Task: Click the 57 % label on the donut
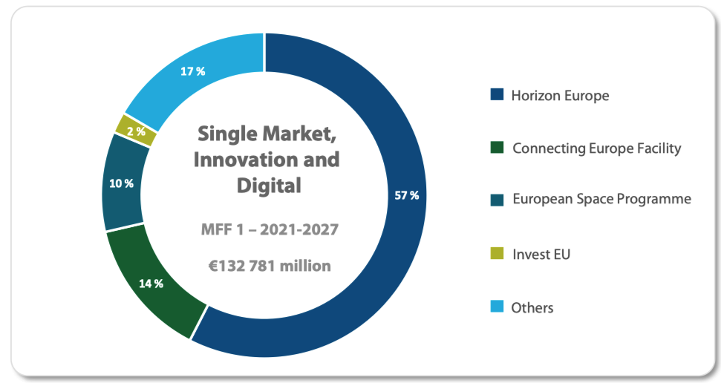[x=407, y=196]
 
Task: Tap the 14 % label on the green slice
[x=151, y=284]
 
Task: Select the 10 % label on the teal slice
[x=122, y=183]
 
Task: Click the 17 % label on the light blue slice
[x=192, y=72]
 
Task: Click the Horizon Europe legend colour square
[x=497, y=95]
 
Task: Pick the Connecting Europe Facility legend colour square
[x=497, y=148]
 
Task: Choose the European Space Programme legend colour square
[x=497, y=200]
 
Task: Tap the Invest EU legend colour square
[x=497, y=254]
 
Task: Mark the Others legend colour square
[x=497, y=307]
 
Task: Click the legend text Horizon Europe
[x=560, y=96]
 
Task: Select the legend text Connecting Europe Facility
[x=596, y=148]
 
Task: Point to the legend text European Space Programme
[x=601, y=200]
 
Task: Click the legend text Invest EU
[x=541, y=255]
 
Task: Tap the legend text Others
[x=532, y=307]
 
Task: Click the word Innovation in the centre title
[x=239, y=160]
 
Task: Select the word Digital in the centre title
[x=269, y=186]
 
